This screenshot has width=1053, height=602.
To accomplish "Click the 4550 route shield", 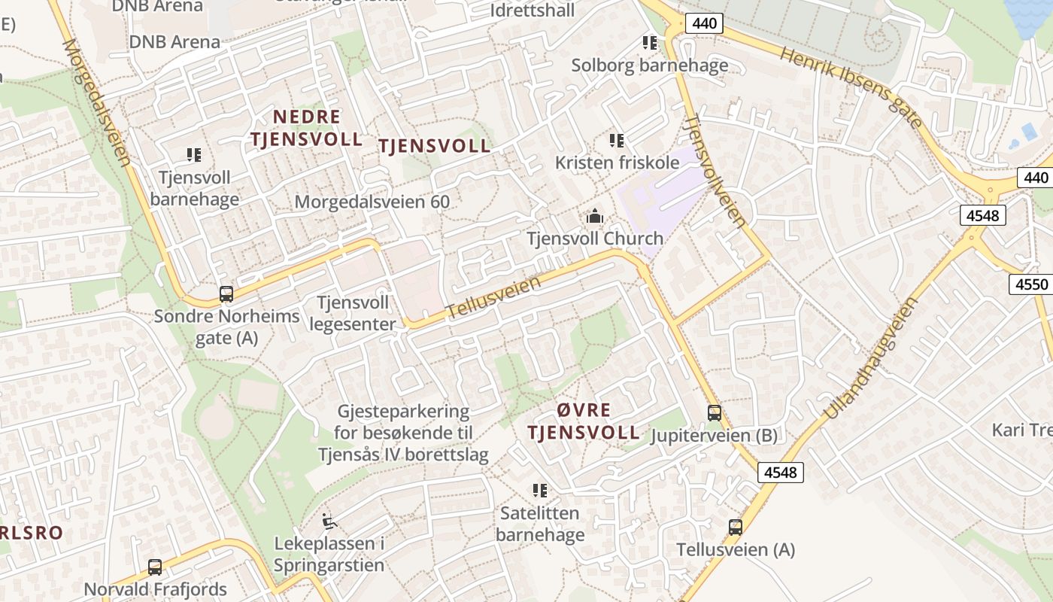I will pyautogui.click(x=1031, y=284).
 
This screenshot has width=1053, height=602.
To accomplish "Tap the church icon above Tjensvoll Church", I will pyautogui.click(x=595, y=217).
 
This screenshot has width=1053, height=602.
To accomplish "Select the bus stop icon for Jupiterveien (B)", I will pyautogui.click(x=714, y=412).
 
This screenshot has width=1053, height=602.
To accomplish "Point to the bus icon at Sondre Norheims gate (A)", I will pyautogui.click(x=226, y=293).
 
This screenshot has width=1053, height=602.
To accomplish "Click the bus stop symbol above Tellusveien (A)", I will pyautogui.click(x=735, y=528).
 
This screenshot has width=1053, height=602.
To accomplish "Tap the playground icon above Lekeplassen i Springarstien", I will pyautogui.click(x=329, y=521).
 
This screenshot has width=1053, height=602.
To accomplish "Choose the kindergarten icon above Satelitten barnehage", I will pyautogui.click(x=539, y=491).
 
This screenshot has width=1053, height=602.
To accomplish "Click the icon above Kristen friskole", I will pyautogui.click(x=617, y=140).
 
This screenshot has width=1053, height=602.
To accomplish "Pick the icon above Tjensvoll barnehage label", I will pyautogui.click(x=194, y=155).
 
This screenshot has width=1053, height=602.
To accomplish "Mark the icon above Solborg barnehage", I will pyautogui.click(x=649, y=43).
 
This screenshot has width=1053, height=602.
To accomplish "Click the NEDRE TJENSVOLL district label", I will pyautogui.click(x=306, y=128).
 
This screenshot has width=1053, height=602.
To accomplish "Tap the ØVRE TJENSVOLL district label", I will pyautogui.click(x=584, y=421).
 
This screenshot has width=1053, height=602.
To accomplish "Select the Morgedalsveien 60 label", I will pyautogui.click(x=372, y=202).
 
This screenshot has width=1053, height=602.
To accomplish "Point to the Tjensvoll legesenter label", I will pyautogui.click(x=353, y=313).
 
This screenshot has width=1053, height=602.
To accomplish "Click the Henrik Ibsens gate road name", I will pyautogui.click(x=851, y=87).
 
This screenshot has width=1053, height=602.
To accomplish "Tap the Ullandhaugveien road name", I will pyautogui.click(x=872, y=357).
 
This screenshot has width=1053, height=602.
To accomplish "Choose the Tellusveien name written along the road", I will pyautogui.click(x=493, y=297).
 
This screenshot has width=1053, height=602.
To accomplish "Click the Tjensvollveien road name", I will pyautogui.click(x=716, y=171).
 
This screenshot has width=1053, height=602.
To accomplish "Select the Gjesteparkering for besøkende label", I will pyautogui.click(x=403, y=433).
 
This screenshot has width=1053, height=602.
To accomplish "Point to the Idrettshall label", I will pyautogui.click(x=532, y=11).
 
